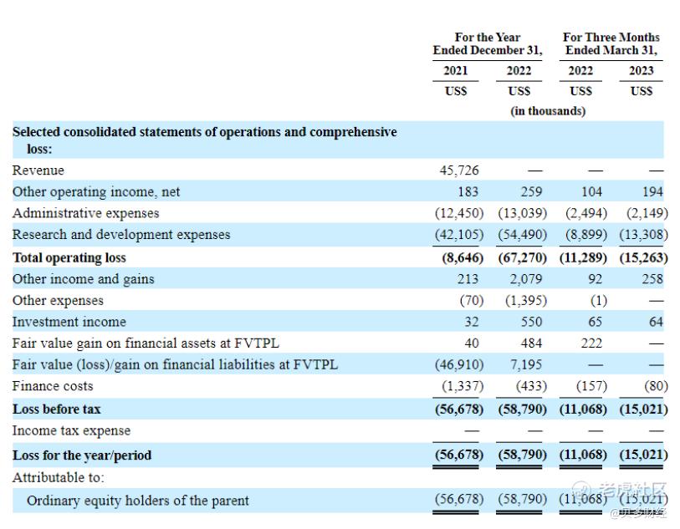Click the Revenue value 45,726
(459, 170)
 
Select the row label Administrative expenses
(85, 213)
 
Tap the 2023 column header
(642, 71)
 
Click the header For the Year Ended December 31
(487, 44)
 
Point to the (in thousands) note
(548, 110)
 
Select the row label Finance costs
(53, 386)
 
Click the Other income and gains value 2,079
(526, 279)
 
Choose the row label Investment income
(69, 322)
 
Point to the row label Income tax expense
(71, 431)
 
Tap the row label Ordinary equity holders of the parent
(138, 501)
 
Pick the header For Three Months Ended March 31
(611, 44)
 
